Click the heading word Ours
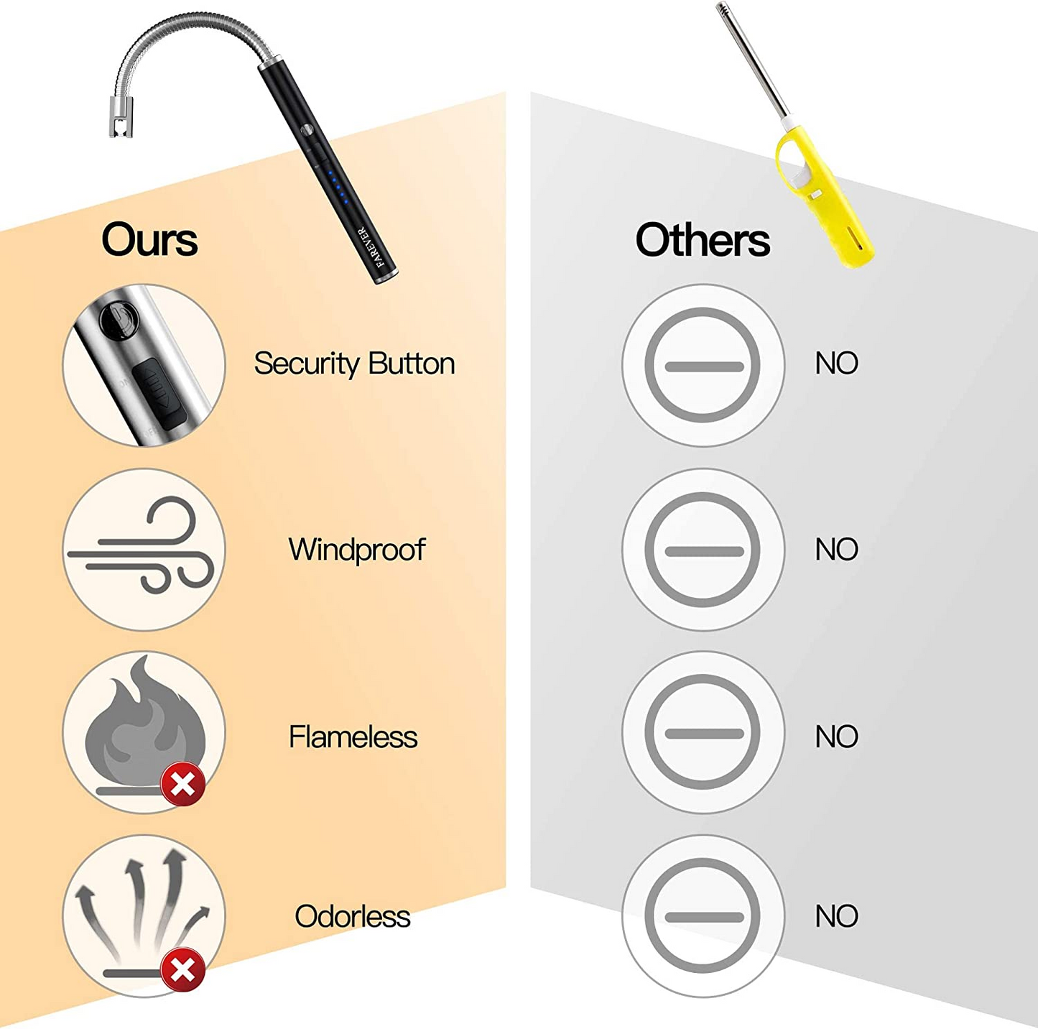pos(149,240)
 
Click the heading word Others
pos(702,240)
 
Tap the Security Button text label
pos(354,364)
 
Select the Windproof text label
pos(356,550)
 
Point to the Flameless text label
pos(353,737)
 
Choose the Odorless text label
pos(352,916)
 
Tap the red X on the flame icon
pos(182,784)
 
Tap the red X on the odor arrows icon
pos(182,970)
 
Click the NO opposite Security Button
pos(836,364)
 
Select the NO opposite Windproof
pos(836,550)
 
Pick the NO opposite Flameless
pos(836,737)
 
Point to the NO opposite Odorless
pos(836,916)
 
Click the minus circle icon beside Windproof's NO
pos(703,550)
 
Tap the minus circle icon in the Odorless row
pos(703,917)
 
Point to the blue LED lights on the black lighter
pos(336,186)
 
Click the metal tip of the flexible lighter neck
pos(120,119)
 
